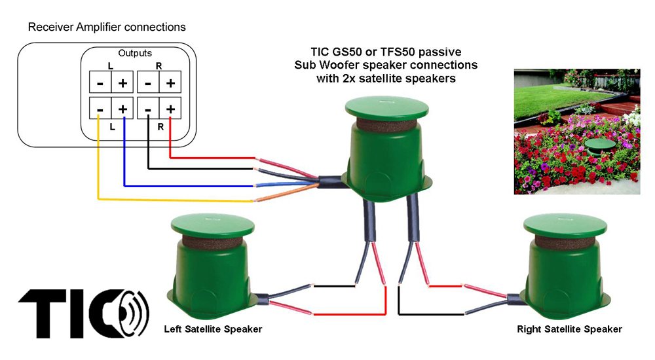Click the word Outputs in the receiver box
point(135,52)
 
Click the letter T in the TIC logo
point(46,312)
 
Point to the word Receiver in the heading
point(51,27)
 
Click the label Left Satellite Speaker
point(213,329)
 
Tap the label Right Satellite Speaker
point(569,329)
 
